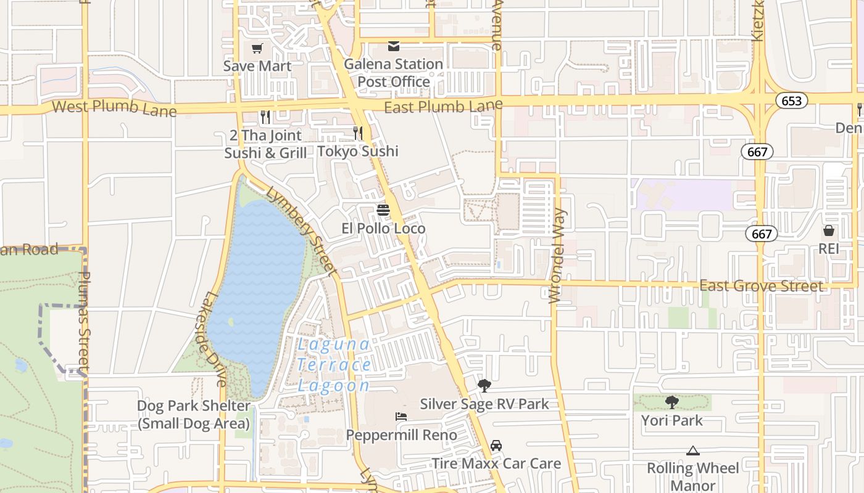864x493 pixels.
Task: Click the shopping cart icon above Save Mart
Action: tap(257, 48)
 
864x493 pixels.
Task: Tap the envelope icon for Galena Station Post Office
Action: tap(393, 46)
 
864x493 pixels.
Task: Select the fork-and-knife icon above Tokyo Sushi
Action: tap(357, 132)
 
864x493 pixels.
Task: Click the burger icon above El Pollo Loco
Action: tap(383, 210)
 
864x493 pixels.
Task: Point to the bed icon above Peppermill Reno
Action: tap(401, 417)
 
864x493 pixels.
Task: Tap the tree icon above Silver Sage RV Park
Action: tap(484, 386)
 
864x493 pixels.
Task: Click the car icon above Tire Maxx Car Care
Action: tap(496, 445)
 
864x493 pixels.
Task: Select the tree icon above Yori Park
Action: tap(671, 402)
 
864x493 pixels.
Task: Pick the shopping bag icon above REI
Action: tap(829, 230)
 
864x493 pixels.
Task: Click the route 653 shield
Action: tap(792, 100)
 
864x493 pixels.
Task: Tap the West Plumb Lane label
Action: tap(114, 108)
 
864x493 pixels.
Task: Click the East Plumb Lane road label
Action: tap(443, 107)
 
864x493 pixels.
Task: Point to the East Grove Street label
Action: tap(761, 286)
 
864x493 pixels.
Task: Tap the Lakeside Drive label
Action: tap(214, 339)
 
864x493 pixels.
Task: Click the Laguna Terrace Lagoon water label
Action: tap(334, 365)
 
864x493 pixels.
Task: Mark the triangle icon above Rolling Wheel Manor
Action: tap(692, 450)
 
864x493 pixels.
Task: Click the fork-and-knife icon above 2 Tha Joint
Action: tap(265, 116)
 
